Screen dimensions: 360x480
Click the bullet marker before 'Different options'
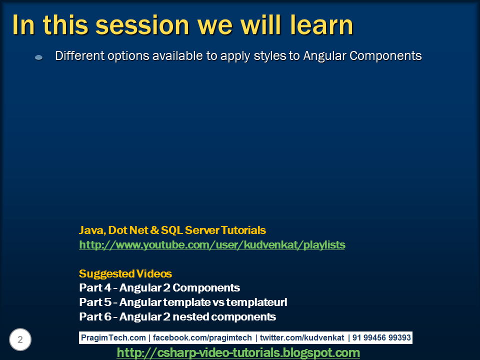39,57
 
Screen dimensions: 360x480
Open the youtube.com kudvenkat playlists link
212,245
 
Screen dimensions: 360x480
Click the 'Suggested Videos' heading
125,274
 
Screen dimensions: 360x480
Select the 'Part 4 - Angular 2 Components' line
159,288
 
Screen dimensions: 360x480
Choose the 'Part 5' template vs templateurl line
183,302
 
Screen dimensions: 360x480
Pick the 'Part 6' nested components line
177,317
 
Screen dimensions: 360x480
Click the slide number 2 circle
20,340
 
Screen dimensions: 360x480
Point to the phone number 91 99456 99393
381,338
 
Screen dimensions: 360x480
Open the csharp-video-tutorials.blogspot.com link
238,353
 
